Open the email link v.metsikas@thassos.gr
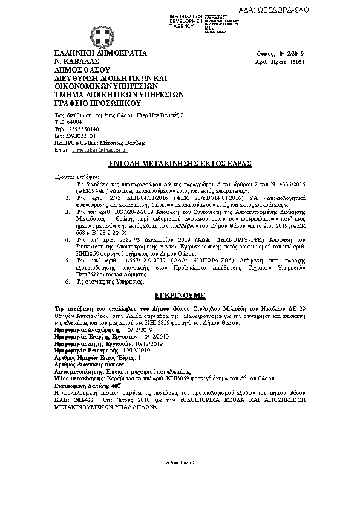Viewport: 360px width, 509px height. pos(99,150)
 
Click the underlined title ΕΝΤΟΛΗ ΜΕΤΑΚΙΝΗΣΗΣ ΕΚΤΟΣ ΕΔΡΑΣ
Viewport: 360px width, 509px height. pos(181,164)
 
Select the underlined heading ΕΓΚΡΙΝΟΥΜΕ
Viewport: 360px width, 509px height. pos(180,296)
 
